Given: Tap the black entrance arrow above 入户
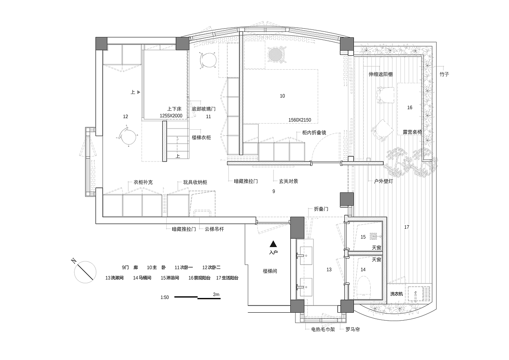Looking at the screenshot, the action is pos(273,244).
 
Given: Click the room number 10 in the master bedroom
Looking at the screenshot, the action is pos(282,96).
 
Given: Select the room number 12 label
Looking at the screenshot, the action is pos(125,117).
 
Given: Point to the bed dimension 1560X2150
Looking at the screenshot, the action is pos(300,120).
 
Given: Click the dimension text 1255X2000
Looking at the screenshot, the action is pos(171,116).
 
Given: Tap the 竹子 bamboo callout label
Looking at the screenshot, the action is pos(444,74).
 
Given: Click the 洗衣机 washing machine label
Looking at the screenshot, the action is pos(396,294).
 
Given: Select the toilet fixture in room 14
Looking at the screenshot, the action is pos(364,286).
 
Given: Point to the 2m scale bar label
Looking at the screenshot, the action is pos(216,294).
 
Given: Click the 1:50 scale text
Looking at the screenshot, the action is pos(165,297).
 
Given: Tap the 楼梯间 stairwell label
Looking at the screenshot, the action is pos(270,271).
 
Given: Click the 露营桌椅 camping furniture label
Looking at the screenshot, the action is pos(412,132).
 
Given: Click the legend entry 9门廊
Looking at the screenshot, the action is pos(130,267).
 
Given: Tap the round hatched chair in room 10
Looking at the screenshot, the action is pos(276,54).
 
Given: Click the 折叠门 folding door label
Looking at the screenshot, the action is pos(321,209).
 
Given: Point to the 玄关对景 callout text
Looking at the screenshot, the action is pos(288,181).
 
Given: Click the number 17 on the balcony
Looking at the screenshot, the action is pos(406,227).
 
